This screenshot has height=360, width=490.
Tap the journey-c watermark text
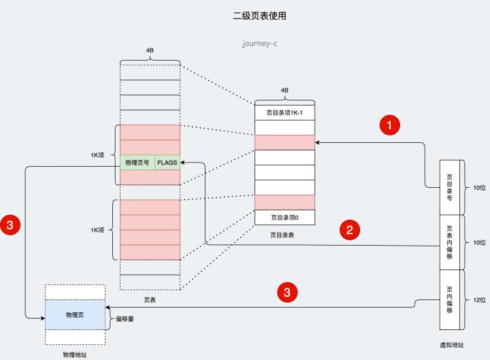click(259, 44)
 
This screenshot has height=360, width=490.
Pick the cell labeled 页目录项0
click(284, 218)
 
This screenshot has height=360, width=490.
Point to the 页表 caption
click(149, 299)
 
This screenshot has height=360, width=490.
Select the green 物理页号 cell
click(137, 163)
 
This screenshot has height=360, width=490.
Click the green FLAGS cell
click(167, 163)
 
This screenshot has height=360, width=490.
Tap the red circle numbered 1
click(389, 125)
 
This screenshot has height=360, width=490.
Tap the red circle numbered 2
click(349, 229)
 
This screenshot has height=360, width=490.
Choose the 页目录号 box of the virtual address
click(450, 187)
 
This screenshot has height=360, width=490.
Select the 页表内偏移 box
click(450, 242)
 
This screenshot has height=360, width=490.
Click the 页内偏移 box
click(450, 300)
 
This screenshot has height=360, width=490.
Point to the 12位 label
click(479, 300)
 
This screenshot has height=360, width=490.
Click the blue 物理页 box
click(75, 315)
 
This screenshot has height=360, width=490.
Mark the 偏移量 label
click(125, 318)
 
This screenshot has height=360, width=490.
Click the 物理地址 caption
click(74, 355)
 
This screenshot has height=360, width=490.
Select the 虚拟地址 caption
click(453, 345)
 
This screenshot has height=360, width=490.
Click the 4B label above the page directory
click(284, 89)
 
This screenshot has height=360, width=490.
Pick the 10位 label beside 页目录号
click(479, 187)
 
